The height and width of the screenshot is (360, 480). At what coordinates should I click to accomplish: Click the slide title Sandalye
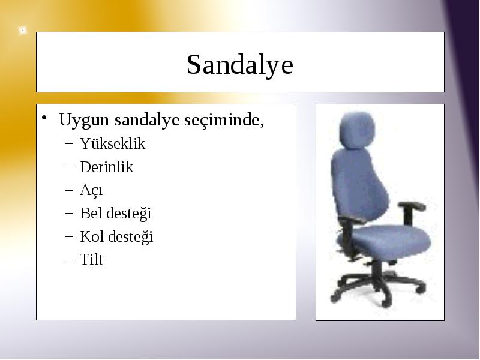click(240, 65)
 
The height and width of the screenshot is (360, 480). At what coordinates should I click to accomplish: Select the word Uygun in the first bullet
click(84, 120)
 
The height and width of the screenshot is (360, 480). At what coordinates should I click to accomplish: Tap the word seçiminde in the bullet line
click(224, 119)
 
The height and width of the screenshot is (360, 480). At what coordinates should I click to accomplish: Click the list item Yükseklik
click(112, 143)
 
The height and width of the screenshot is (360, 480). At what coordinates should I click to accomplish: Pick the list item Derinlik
click(107, 167)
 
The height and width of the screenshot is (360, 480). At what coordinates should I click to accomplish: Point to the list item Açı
click(91, 190)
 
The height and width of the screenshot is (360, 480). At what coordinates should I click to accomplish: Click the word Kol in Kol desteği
click(92, 236)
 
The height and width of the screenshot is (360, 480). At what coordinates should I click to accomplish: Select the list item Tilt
click(91, 259)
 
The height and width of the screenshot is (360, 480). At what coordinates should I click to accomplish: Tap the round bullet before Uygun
click(44, 118)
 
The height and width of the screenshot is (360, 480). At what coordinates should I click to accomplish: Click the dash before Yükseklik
click(69, 143)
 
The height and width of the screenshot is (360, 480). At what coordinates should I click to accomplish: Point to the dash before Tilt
click(69, 260)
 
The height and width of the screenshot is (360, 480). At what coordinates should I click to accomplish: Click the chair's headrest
click(357, 130)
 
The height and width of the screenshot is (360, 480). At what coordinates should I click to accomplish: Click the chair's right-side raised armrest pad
click(412, 206)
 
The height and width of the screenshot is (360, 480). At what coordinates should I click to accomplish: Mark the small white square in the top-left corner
click(22, 31)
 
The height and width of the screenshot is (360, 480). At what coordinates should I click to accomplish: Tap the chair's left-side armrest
click(352, 219)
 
